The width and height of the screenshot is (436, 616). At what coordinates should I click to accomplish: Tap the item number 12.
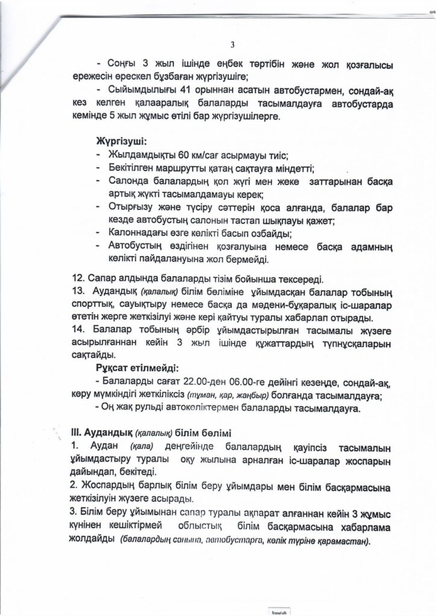[79, 279]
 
